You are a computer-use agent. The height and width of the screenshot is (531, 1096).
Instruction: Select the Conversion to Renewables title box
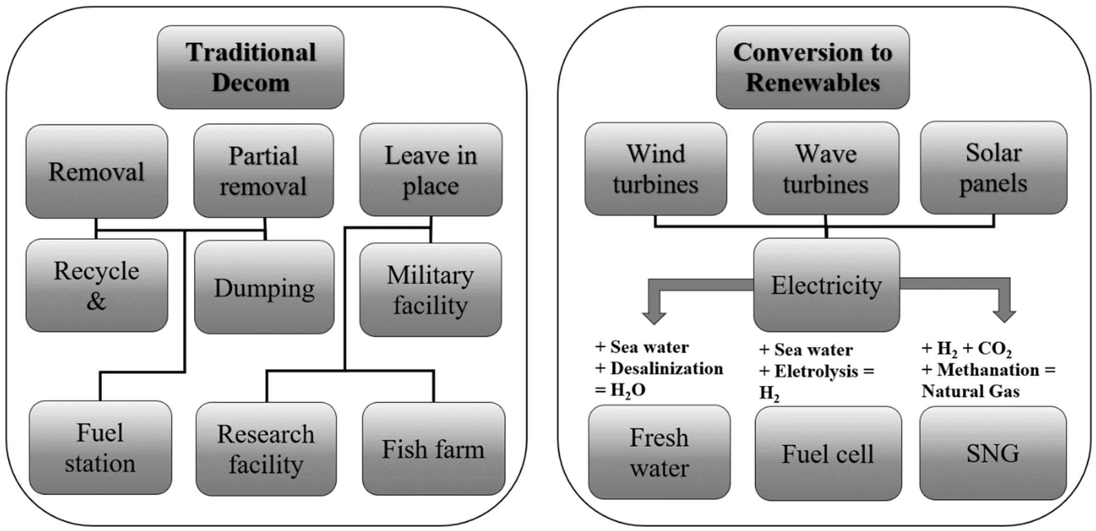pos(812,67)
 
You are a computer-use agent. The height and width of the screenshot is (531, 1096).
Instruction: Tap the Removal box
pos(97,171)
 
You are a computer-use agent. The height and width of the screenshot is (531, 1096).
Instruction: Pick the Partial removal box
pos(263,171)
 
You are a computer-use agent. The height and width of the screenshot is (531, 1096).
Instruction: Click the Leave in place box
pos(430,170)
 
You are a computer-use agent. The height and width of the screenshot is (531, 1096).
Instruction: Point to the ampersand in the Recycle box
pos(96,301)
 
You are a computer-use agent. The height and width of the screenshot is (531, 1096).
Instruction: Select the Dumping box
pos(264,288)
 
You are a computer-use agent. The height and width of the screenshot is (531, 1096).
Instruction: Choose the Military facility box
pos(430,290)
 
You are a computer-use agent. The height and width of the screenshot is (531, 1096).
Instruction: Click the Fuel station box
pos(100,447)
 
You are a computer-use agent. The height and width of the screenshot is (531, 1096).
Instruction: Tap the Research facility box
pos(266,449)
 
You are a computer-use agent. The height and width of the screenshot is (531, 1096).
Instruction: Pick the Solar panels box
pos(993,168)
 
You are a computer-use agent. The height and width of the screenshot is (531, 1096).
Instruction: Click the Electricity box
pos(826,285)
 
